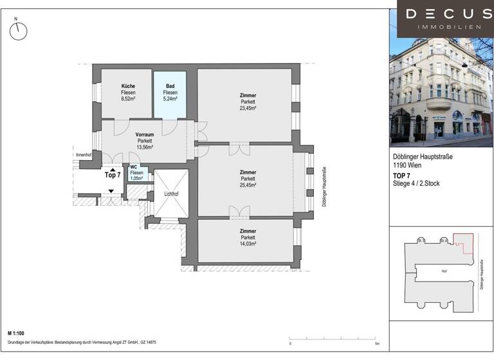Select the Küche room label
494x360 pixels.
[x=127, y=86]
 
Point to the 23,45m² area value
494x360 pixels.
[x=248, y=108]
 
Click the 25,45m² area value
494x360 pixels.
[x=248, y=185]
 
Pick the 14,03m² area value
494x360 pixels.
[x=248, y=244]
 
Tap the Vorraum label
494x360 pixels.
[x=144, y=134]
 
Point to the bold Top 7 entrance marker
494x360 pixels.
[x=113, y=175]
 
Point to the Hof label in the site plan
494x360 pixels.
[x=443, y=271]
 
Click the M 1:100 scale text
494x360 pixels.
[x=20, y=334]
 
